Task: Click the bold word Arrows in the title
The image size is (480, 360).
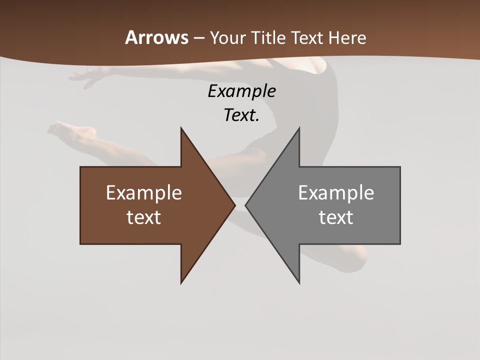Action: click(156, 37)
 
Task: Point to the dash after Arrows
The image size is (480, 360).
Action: click(198, 38)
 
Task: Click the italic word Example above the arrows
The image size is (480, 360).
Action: click(242, 91)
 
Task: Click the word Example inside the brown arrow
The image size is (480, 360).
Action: click(144, 193)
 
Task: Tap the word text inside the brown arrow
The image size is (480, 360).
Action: click(144, 217)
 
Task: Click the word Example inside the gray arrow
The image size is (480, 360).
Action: click(336, 193)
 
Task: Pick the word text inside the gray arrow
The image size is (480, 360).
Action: click(336, 217)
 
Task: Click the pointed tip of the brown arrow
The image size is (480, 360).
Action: click(234, 205)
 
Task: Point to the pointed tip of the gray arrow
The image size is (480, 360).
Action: click(245, 205)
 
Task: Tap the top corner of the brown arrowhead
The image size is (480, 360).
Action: click(181, 128)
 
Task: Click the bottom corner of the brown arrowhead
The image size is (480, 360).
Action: click(181, 283)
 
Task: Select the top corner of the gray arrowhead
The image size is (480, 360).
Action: click(299, 128)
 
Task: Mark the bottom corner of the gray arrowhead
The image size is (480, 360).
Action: click(299, 283)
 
